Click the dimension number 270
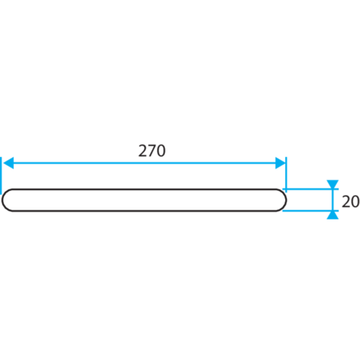[152, 150]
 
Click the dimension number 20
[351, 202]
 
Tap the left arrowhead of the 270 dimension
[9, 163]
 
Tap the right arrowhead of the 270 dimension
[280, 163]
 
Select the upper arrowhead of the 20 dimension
[333, 184]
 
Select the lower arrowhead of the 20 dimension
[333, 215]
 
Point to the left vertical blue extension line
[1, 176]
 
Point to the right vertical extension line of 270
[286, 174]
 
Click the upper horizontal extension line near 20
[310, 189]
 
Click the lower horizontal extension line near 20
[310, 211]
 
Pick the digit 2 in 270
[143, 150]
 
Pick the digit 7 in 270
[152, 150]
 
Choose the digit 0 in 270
[161, 150]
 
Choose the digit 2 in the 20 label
[346, 202]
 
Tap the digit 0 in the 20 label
[356, 202]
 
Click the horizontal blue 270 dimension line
[145, 163]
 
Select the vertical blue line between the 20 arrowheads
[333, 199]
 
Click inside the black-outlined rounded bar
[144, 200]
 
